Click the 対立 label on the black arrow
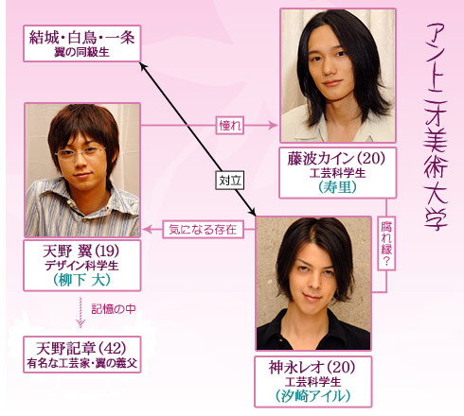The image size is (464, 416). (230, 181)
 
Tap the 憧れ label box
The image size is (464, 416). (230, 126)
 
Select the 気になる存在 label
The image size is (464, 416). (204, 230)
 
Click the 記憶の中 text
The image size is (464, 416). (114, 309)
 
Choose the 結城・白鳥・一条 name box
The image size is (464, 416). (82, 43)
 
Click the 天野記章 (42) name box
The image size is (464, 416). (82, 355)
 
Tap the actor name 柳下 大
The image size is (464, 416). (81, 280)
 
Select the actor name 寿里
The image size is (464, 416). (337, 187)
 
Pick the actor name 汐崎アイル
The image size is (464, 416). (313, 396)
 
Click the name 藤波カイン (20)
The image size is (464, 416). (336, 159)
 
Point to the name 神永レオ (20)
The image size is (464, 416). (312, 368)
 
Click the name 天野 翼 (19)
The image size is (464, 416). (81, 251)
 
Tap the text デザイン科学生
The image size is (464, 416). (81, 266)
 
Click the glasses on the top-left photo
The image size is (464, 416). (80, 153)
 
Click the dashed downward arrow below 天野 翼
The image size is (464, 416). (80, 312)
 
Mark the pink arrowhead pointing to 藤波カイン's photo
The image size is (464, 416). (273, 126)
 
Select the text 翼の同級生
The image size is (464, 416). (81, 52)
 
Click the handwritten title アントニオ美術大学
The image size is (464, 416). (436, 126)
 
